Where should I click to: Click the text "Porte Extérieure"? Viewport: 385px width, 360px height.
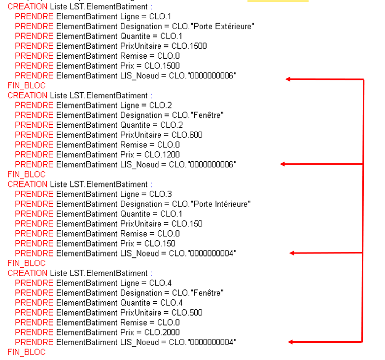[225, 26]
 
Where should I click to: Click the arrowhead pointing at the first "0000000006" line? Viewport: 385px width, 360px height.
[288, 79]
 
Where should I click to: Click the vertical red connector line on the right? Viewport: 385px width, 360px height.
[363, 207]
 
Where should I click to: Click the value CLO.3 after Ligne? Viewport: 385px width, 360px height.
[161, 194]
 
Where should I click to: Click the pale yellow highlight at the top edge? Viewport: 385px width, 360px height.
[278, 1]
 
